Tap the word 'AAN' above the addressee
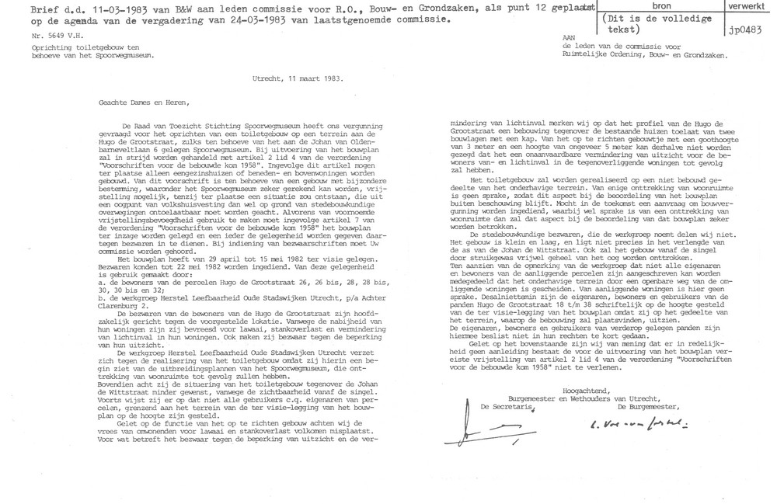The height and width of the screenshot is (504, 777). coord(573,38)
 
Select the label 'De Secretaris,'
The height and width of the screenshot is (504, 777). coord(507,407)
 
